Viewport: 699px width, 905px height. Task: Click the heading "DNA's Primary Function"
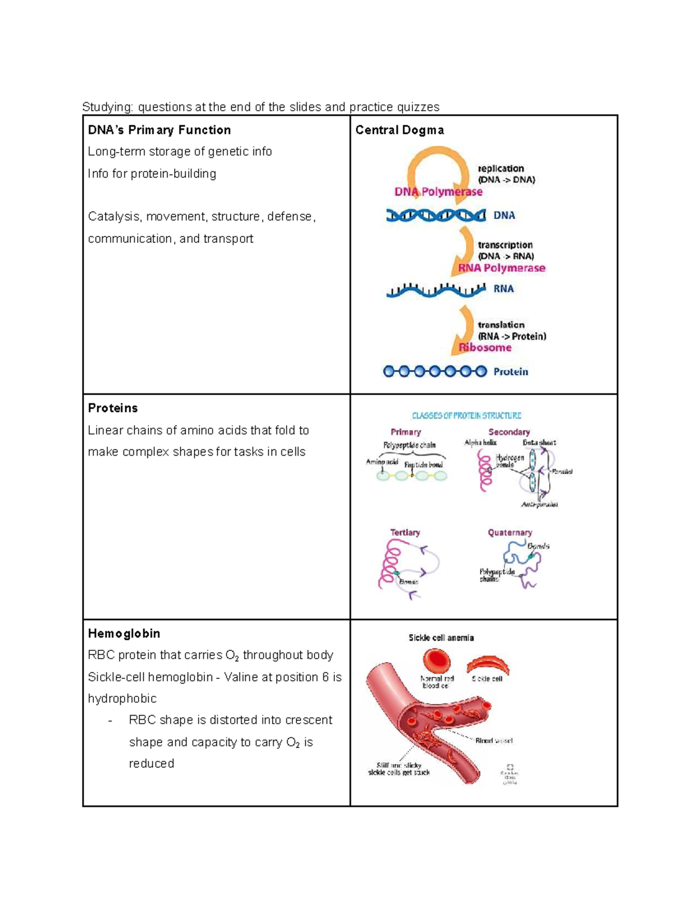(x=159, y=130)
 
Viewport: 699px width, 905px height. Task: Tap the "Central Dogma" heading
(x=400, y=130)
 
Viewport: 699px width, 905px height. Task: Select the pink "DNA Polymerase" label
(x=438, y=192)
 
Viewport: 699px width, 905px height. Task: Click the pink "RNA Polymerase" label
(x=502, y=268)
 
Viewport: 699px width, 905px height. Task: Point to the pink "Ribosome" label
(x=485, y=347)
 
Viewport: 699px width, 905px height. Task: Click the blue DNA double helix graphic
(x=436, y=216)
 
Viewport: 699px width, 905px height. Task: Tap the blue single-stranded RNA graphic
(x=436, y=290)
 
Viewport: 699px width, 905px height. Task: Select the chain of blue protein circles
(x=435, y=371)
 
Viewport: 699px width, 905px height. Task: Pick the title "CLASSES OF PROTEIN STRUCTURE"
(x=467, y=415)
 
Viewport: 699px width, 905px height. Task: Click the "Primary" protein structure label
(x=405, y=432)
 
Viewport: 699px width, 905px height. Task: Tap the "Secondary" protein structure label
(x=509, y=432)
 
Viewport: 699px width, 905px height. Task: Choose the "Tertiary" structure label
(x=405, y=533)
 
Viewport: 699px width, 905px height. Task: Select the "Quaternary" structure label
(x=510, y=533)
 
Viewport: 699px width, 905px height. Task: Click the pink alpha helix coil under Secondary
(x=485, y=471)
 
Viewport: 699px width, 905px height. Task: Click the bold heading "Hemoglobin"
(x=123, y=633)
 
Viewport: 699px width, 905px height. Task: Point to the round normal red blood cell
(x=436, y=661)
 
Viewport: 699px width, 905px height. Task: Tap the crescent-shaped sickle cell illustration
(x=488, y=664)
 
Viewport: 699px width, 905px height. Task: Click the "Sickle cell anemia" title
(x=441, y=638)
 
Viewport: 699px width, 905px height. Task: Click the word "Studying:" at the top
(x=108, y=107)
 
